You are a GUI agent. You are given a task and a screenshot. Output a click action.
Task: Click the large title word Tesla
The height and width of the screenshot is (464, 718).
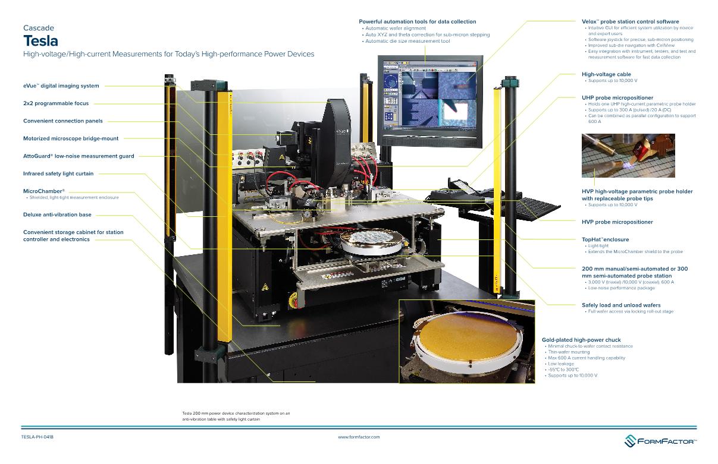tap(40, 40)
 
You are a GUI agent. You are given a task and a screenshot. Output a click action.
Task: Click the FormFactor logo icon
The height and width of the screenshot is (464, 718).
tap(630, 440)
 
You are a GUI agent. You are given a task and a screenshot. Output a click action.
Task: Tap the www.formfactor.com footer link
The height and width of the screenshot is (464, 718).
tap(359, 437)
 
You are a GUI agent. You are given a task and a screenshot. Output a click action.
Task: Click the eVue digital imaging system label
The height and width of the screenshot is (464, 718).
tap(61, 86)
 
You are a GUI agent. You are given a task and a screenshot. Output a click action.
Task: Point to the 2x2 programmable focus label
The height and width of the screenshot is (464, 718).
tap(56, 103)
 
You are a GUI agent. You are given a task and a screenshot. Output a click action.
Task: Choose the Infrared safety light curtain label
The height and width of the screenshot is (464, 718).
tap(58, 173)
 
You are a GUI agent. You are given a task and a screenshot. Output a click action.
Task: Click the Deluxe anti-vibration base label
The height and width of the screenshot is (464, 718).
tap(57, 214)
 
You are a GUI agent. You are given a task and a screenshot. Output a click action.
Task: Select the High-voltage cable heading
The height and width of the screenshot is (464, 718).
tap(606, 74)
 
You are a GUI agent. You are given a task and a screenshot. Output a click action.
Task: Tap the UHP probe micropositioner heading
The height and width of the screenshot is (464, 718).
tap(617, 97)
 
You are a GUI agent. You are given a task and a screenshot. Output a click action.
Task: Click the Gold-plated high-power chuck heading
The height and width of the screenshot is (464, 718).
tap(581, 340)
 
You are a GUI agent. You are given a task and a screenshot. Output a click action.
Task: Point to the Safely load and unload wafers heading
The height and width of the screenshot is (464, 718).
tap(621, 305)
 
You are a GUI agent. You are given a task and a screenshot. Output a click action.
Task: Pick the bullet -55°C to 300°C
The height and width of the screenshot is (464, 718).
tap(563, 370)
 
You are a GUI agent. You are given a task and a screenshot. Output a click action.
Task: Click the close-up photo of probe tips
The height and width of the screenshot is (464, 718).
tap(628, 156)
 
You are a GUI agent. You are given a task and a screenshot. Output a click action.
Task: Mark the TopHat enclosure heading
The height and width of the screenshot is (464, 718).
tap(605, 239)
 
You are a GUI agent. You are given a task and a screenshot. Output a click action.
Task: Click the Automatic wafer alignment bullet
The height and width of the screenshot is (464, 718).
tap(396, 29)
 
